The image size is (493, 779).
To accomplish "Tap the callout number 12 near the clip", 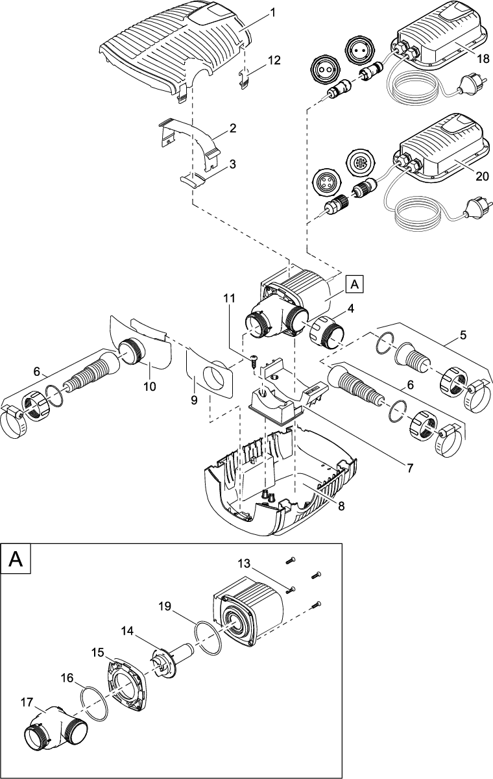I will point(274,60).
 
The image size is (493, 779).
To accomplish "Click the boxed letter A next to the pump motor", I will point(355,283).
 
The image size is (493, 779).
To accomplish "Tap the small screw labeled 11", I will point(253,359).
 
